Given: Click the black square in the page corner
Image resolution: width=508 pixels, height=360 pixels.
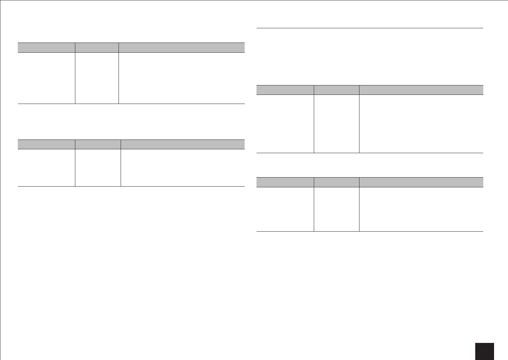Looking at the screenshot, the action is (484, 351).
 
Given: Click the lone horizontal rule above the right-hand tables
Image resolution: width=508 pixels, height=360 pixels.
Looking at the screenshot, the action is (370, 28).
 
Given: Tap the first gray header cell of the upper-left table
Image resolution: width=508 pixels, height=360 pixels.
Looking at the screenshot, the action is (46, 47).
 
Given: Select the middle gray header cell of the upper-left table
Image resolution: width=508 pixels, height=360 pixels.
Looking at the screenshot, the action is (97, 47).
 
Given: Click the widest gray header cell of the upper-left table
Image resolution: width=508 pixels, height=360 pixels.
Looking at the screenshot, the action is (182, 47).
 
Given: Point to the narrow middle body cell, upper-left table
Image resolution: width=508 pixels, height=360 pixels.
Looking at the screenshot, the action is (97, 78).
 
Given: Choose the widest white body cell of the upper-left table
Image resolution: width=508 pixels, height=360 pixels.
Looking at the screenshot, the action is (182, 78).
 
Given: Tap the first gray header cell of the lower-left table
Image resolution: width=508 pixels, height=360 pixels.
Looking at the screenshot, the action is (46, 144).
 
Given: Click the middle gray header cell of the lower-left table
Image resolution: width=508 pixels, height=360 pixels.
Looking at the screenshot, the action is (98, 144).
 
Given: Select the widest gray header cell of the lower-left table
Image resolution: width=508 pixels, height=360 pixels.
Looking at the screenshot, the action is (183, 144).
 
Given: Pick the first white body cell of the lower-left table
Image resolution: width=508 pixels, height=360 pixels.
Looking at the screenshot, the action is (46, 168).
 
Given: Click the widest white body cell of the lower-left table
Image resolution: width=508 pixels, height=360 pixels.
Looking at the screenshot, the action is (183, 168).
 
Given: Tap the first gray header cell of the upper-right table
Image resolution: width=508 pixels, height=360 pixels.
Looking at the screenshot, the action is (285, 90).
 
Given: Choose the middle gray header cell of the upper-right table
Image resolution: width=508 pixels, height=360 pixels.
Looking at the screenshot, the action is (336, 90).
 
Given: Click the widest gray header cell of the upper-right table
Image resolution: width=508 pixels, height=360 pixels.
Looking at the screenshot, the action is (421, 90).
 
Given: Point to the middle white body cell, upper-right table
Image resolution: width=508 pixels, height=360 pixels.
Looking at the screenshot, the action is (336, 123).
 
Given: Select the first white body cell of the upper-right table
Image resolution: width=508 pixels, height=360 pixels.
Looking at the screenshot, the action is (285, 123).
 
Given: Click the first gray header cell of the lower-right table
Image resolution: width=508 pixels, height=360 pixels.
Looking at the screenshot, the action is (285, 182).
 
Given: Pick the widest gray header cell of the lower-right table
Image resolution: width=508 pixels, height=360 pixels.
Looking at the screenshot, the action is (421, 182).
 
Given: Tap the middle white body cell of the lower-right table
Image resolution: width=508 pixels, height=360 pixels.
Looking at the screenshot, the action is (336, 209).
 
